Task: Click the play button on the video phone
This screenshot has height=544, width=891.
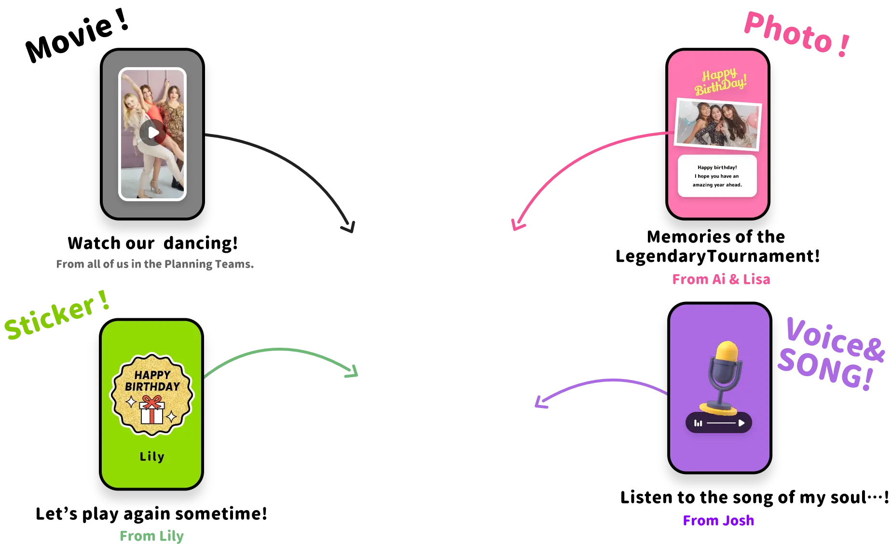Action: (153, 133)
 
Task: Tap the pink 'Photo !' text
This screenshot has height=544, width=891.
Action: (796, 33)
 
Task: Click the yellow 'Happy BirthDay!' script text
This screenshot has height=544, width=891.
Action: (720, 82)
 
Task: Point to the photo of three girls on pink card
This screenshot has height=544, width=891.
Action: (718, 124)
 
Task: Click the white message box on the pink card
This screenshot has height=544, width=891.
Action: (717, 176)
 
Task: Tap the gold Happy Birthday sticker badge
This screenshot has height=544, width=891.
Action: (152, 394)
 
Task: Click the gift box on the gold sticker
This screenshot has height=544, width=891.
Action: (152, 411)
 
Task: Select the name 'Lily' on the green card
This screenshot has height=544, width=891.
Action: (152, 456)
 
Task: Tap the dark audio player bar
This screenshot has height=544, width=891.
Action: (718, 423)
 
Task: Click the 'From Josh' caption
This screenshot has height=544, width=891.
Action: (719, 520)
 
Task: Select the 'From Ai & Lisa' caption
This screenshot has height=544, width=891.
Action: (721, 279)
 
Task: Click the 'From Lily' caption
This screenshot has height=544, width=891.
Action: (152, 536)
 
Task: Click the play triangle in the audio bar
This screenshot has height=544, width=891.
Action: (741, 423)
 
